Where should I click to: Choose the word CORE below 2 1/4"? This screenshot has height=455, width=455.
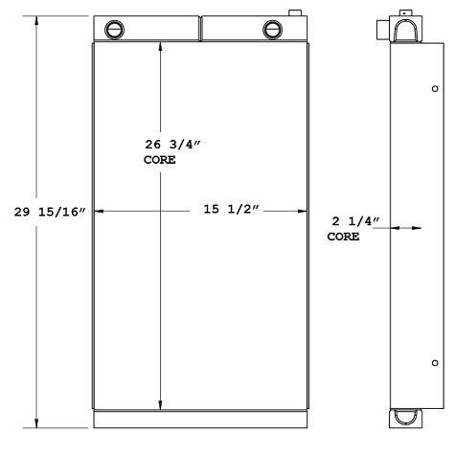tap(345, 236)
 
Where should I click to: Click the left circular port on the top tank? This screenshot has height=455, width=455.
tap(116, 28)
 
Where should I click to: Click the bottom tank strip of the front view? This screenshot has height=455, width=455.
tap(201, 419)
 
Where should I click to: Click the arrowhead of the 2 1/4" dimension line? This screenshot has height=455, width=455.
tap(418, 228)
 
